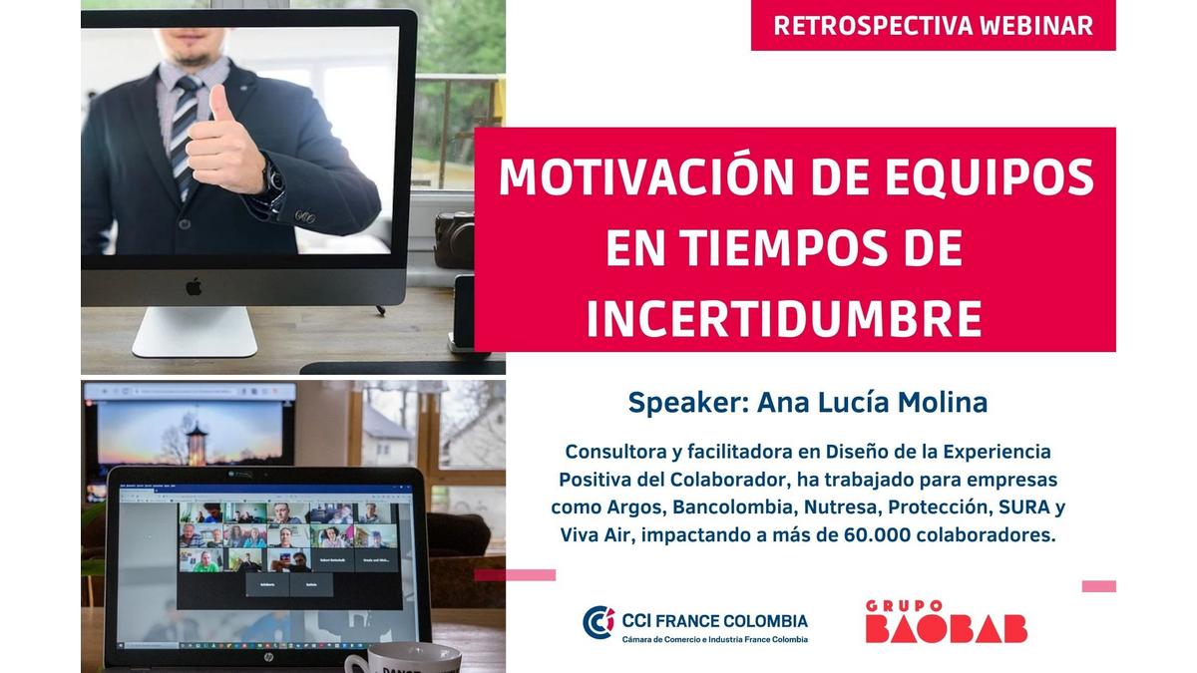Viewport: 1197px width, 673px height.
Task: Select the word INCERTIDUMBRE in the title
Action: [x=784, y=319]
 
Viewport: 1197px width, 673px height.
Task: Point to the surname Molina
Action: [x=942, y=403]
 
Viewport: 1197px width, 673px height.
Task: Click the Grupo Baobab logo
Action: [x=946, y=622]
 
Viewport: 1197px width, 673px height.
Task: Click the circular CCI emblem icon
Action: [x=598, y=622]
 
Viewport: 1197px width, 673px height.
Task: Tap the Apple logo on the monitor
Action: [x=194, y=287]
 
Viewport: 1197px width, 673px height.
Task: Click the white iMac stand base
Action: [x=195, y=332]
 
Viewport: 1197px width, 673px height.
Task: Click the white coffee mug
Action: [x=403, y=658]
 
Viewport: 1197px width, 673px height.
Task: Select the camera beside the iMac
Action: [x=454, y=238]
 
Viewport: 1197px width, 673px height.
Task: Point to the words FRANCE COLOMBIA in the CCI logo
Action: [x=731, y=621]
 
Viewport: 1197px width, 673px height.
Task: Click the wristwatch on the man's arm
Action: [x=271, y=177]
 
